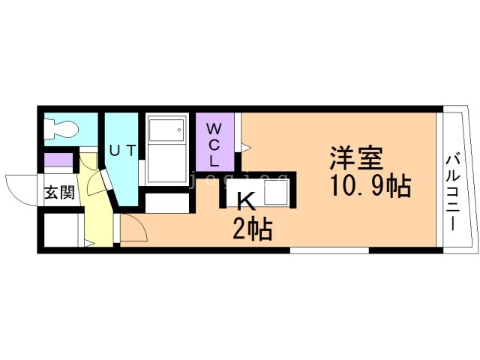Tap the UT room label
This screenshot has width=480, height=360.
pyautogui.click(x=122, y=151)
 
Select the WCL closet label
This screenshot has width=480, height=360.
pyautogui.click(x=214, y=145)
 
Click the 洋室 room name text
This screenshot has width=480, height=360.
pyautogui.click(x=356, y=158)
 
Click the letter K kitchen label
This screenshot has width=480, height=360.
pyautogui.click(x=247, y=201)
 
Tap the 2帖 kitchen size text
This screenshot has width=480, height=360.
pyautogui.click(x=252, y=228)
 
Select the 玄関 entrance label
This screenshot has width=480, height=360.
pyautogui.click(x=60, y=193)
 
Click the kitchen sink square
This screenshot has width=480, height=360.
pyautogui.click(x=276, y=192)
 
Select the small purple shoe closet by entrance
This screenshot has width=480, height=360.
pyautogui.click(x=58, y=160)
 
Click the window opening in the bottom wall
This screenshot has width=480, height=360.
pyautogui.click(x=329, y=250)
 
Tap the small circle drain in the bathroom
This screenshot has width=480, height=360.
pyautogui.click(x=179, y=130)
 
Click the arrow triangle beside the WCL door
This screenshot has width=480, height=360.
pyautogui.click(x=246, y=148)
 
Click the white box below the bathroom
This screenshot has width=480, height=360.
pyautogui.click(x=166, y=203)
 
